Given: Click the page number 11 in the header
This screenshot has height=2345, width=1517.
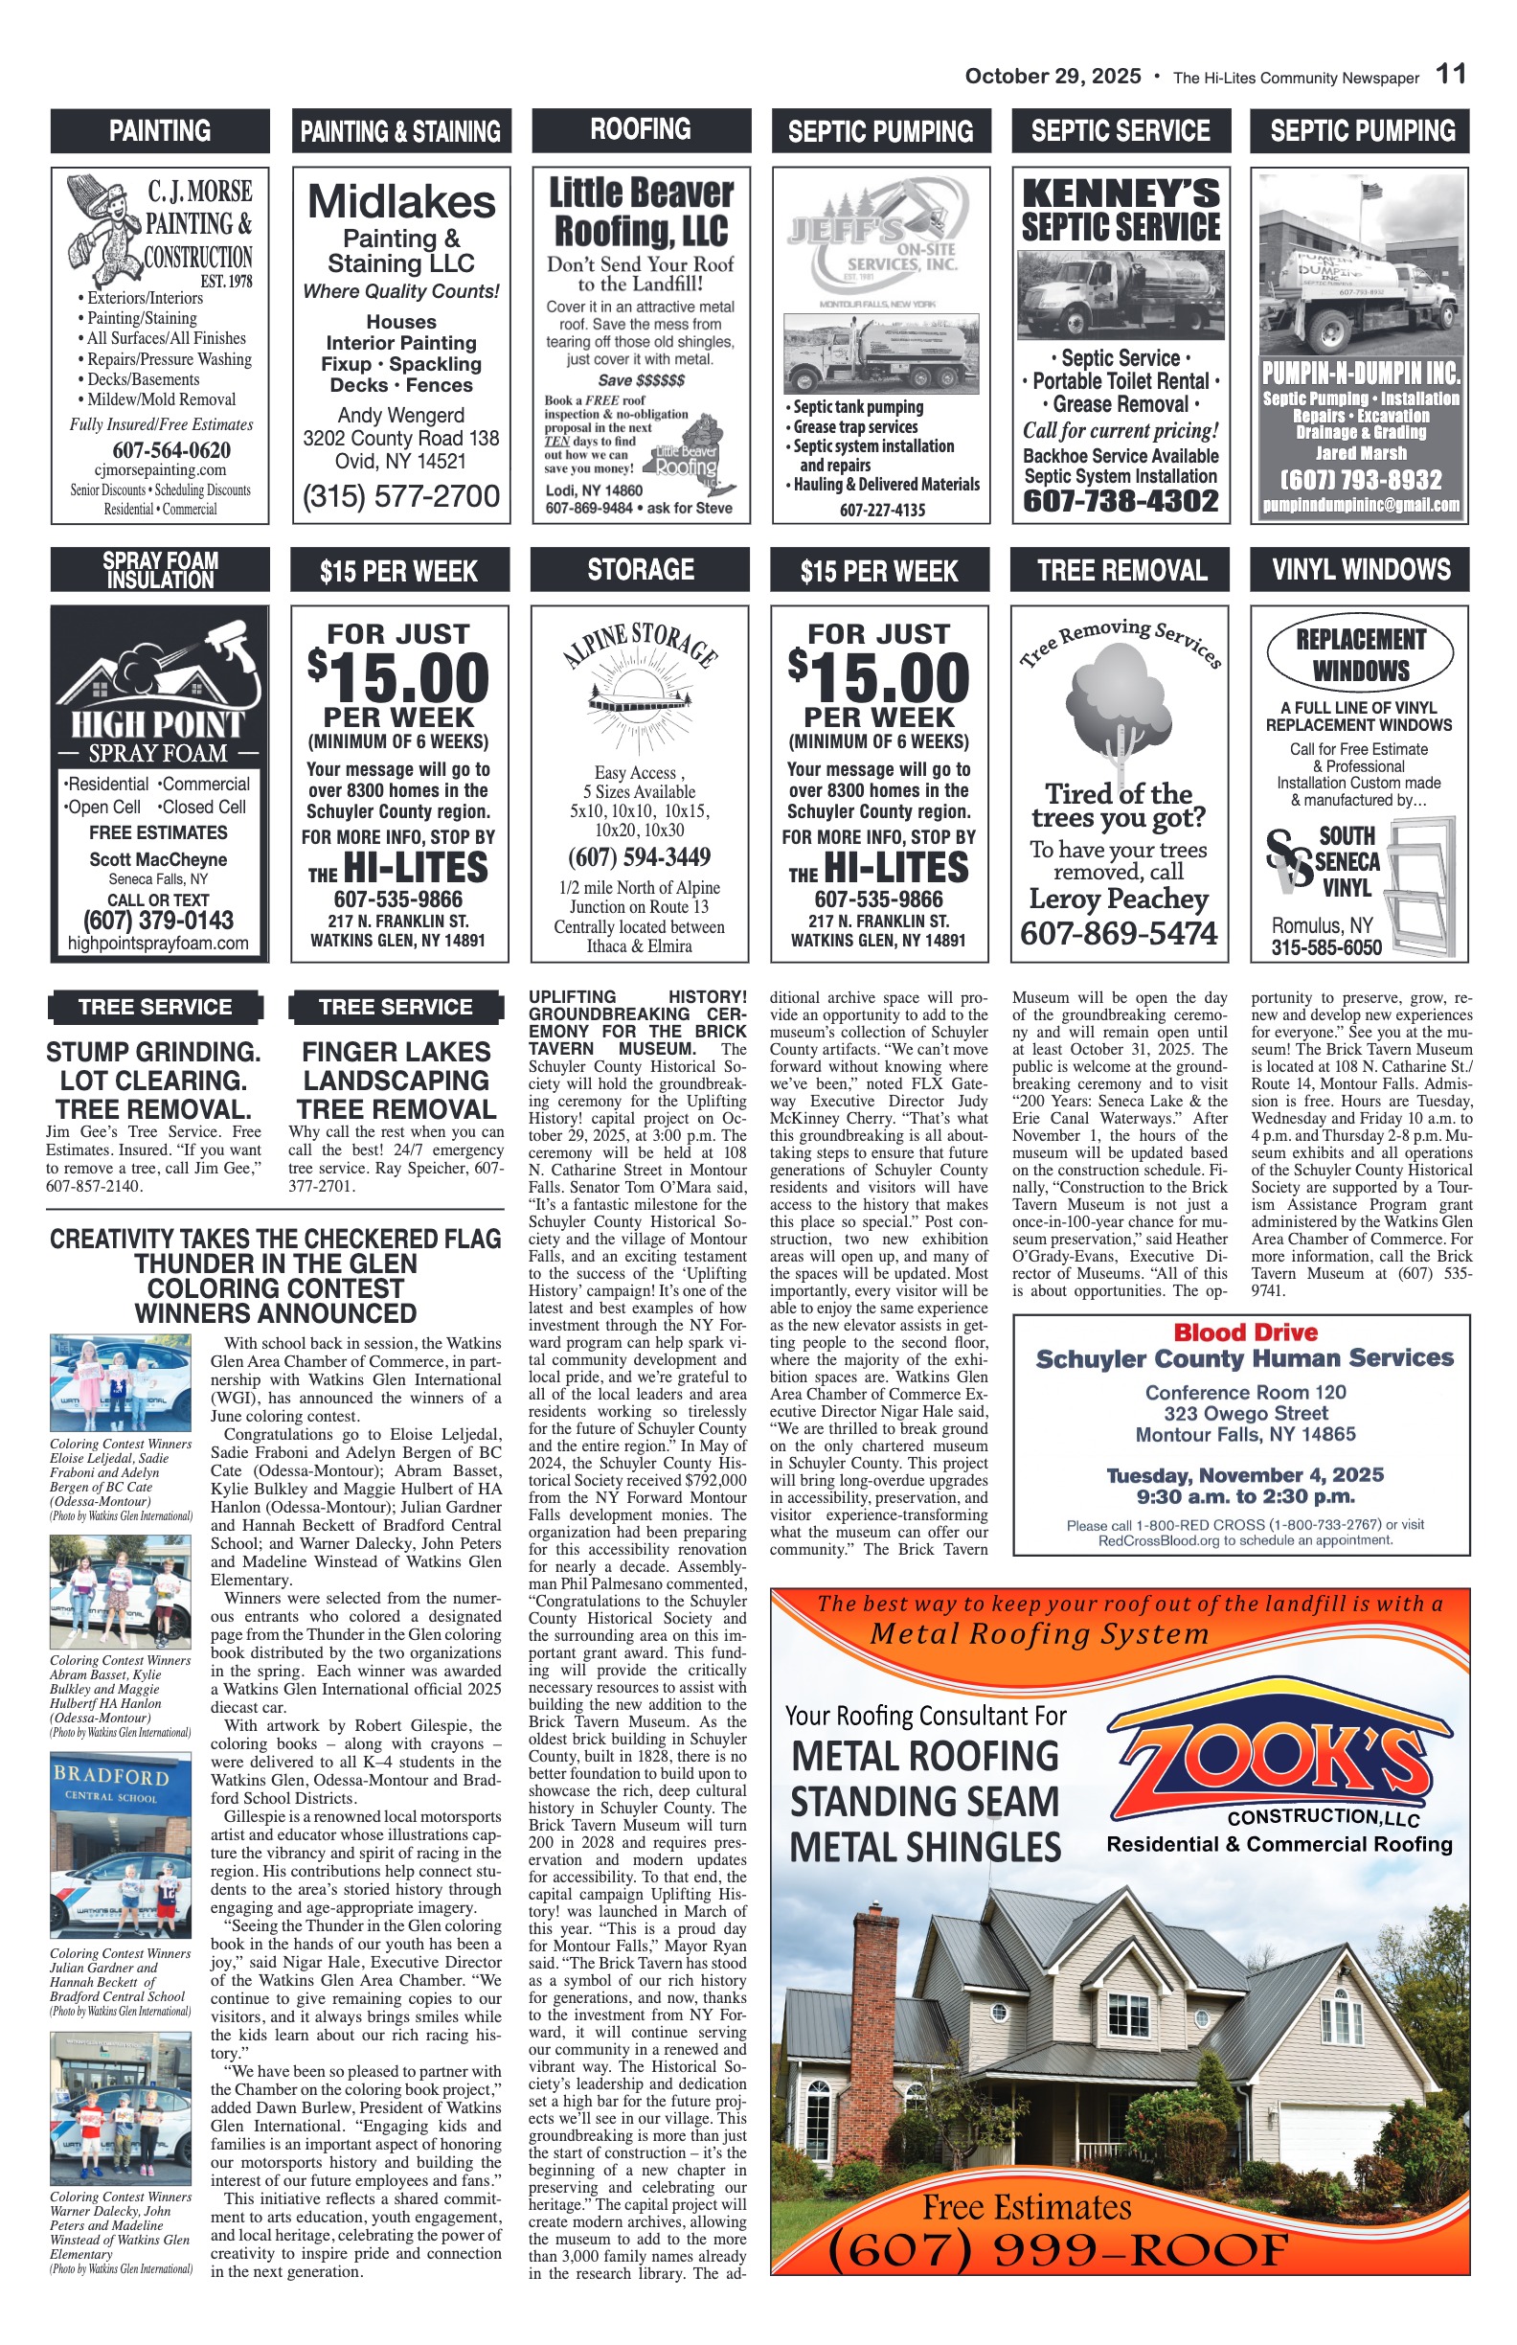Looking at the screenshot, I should [1450, 74].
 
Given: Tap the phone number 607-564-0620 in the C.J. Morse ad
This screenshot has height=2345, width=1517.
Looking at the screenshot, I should [171, 450].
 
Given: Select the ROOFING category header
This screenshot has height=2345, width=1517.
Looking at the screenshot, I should [641, 129].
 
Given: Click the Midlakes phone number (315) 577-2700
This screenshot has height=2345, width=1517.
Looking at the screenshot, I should [401, 496].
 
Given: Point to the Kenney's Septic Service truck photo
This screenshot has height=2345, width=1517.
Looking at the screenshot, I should [1120, 295].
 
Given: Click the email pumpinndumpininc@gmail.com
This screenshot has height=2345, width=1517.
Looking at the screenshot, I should [1360, 506].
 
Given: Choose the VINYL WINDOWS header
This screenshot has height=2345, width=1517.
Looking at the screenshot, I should [1360, 570].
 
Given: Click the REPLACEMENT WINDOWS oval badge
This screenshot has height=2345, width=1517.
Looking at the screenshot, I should [1359, 654].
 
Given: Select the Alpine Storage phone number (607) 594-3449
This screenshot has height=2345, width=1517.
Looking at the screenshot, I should [639, 856].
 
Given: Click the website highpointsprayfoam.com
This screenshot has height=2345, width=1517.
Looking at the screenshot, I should [159, 943].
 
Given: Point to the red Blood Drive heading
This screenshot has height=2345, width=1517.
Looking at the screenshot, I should [1245, 1332].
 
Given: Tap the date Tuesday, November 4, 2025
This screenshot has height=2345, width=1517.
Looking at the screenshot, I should [1245, 1475].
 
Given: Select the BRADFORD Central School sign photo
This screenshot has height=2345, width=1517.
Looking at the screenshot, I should [120, 1844].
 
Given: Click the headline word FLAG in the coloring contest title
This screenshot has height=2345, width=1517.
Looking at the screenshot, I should [464, 1239].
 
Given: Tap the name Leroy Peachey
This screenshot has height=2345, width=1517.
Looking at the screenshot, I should [1118, 899].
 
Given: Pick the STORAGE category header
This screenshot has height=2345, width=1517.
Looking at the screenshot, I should [641, 570].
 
